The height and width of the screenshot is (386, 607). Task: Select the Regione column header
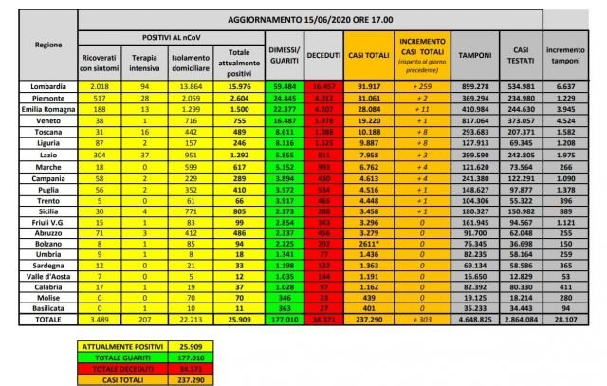[37, 48]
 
